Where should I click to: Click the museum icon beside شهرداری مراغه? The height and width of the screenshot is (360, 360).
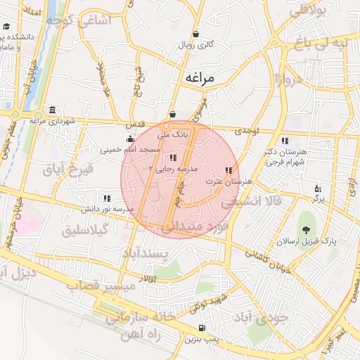click(x=53, y=110)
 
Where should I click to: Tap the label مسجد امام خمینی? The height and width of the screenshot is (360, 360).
click(x=130, y=149)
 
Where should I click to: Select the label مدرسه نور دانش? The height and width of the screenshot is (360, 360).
click(x=106, y=210)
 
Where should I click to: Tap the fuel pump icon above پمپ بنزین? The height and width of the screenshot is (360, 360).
click(x=202, y=328)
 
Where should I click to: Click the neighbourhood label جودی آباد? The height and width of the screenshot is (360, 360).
click(x=264, y=317)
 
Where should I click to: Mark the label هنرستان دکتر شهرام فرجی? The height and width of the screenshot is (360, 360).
click(x=283, y=157)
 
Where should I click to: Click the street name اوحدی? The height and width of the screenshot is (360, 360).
click(x=247, y=131)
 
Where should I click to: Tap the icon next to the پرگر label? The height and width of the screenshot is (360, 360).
click(x=318, y=188)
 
